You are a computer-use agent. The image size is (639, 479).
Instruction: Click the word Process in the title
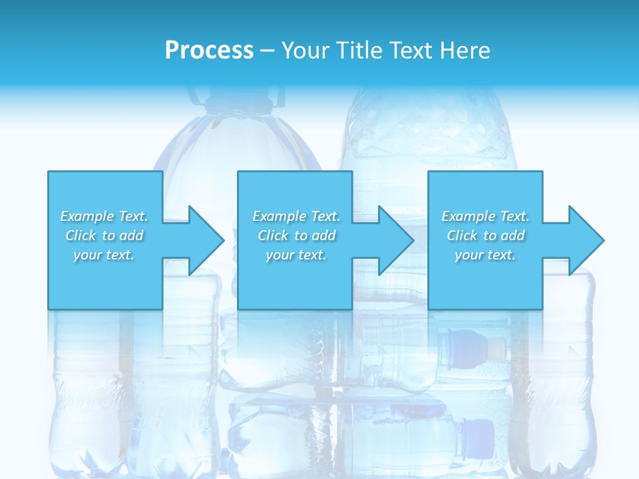209,51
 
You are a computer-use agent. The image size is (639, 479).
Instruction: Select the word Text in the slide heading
411,51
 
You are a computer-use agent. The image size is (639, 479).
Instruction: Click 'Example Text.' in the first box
104,216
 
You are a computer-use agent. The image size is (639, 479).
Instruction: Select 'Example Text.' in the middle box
296,216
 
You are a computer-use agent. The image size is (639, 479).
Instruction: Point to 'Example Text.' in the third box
485,216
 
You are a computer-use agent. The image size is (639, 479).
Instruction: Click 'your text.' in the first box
104,255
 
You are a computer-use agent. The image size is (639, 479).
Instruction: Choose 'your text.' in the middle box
296,255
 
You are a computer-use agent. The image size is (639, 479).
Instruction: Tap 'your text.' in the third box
485,255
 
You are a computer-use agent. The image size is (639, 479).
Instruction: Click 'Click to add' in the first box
104,236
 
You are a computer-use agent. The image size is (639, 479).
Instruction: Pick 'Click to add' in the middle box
296,236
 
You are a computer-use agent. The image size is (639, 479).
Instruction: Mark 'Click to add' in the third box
485,236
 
